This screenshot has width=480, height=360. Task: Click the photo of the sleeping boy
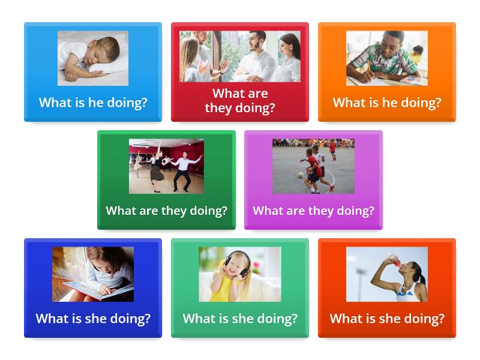pos(93,58)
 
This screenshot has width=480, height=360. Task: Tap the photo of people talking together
pos(240,56)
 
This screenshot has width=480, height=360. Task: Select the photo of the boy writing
pos(387,58)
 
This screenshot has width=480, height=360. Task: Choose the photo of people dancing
pos(166,166)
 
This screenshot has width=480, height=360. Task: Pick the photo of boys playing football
pos(313,166)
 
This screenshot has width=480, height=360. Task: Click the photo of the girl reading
pos(93,274)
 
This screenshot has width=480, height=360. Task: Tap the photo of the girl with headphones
pos(240,274)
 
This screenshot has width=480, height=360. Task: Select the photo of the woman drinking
pos(387,274)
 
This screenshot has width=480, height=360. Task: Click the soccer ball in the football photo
pos(301,175)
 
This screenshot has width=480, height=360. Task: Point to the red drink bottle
pos(394,261)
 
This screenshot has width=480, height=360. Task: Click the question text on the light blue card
pos(93,103)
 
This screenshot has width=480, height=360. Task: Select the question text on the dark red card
pos(240,101)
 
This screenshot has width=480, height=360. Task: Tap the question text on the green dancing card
pos(166,211)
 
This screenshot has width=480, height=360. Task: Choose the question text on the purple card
pos(313,211)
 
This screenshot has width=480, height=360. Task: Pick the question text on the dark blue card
pos(93,319)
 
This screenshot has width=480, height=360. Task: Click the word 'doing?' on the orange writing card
pos(422,103)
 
